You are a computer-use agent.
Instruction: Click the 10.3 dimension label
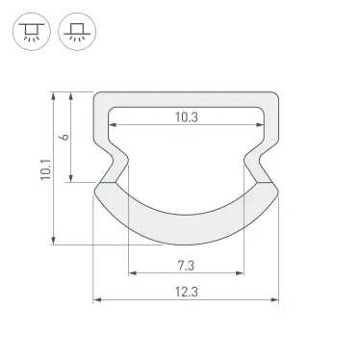[x=187, y=116]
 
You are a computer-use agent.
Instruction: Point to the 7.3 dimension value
[x=187, y=264]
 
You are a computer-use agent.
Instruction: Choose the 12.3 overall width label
[x=187, y=292]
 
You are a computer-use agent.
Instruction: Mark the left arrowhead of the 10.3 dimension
[x=112, y=125]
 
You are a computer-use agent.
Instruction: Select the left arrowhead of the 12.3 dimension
[x=96, y=300]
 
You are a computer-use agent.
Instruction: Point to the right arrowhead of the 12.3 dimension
[x=277, y=300]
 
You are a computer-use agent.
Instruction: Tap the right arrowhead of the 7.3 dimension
[x=241, y=272]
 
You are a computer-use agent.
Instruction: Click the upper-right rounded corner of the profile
[x=275, y=96]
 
